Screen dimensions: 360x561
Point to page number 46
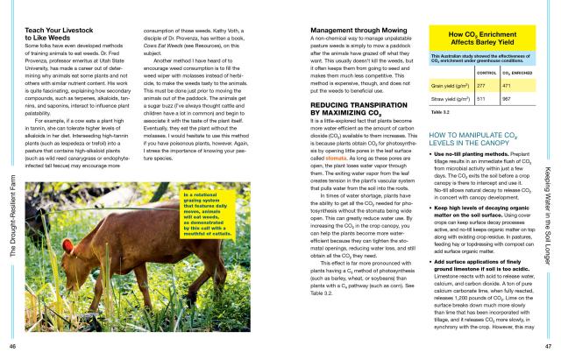click(12, 349)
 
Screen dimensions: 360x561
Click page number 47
click(549, 349)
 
